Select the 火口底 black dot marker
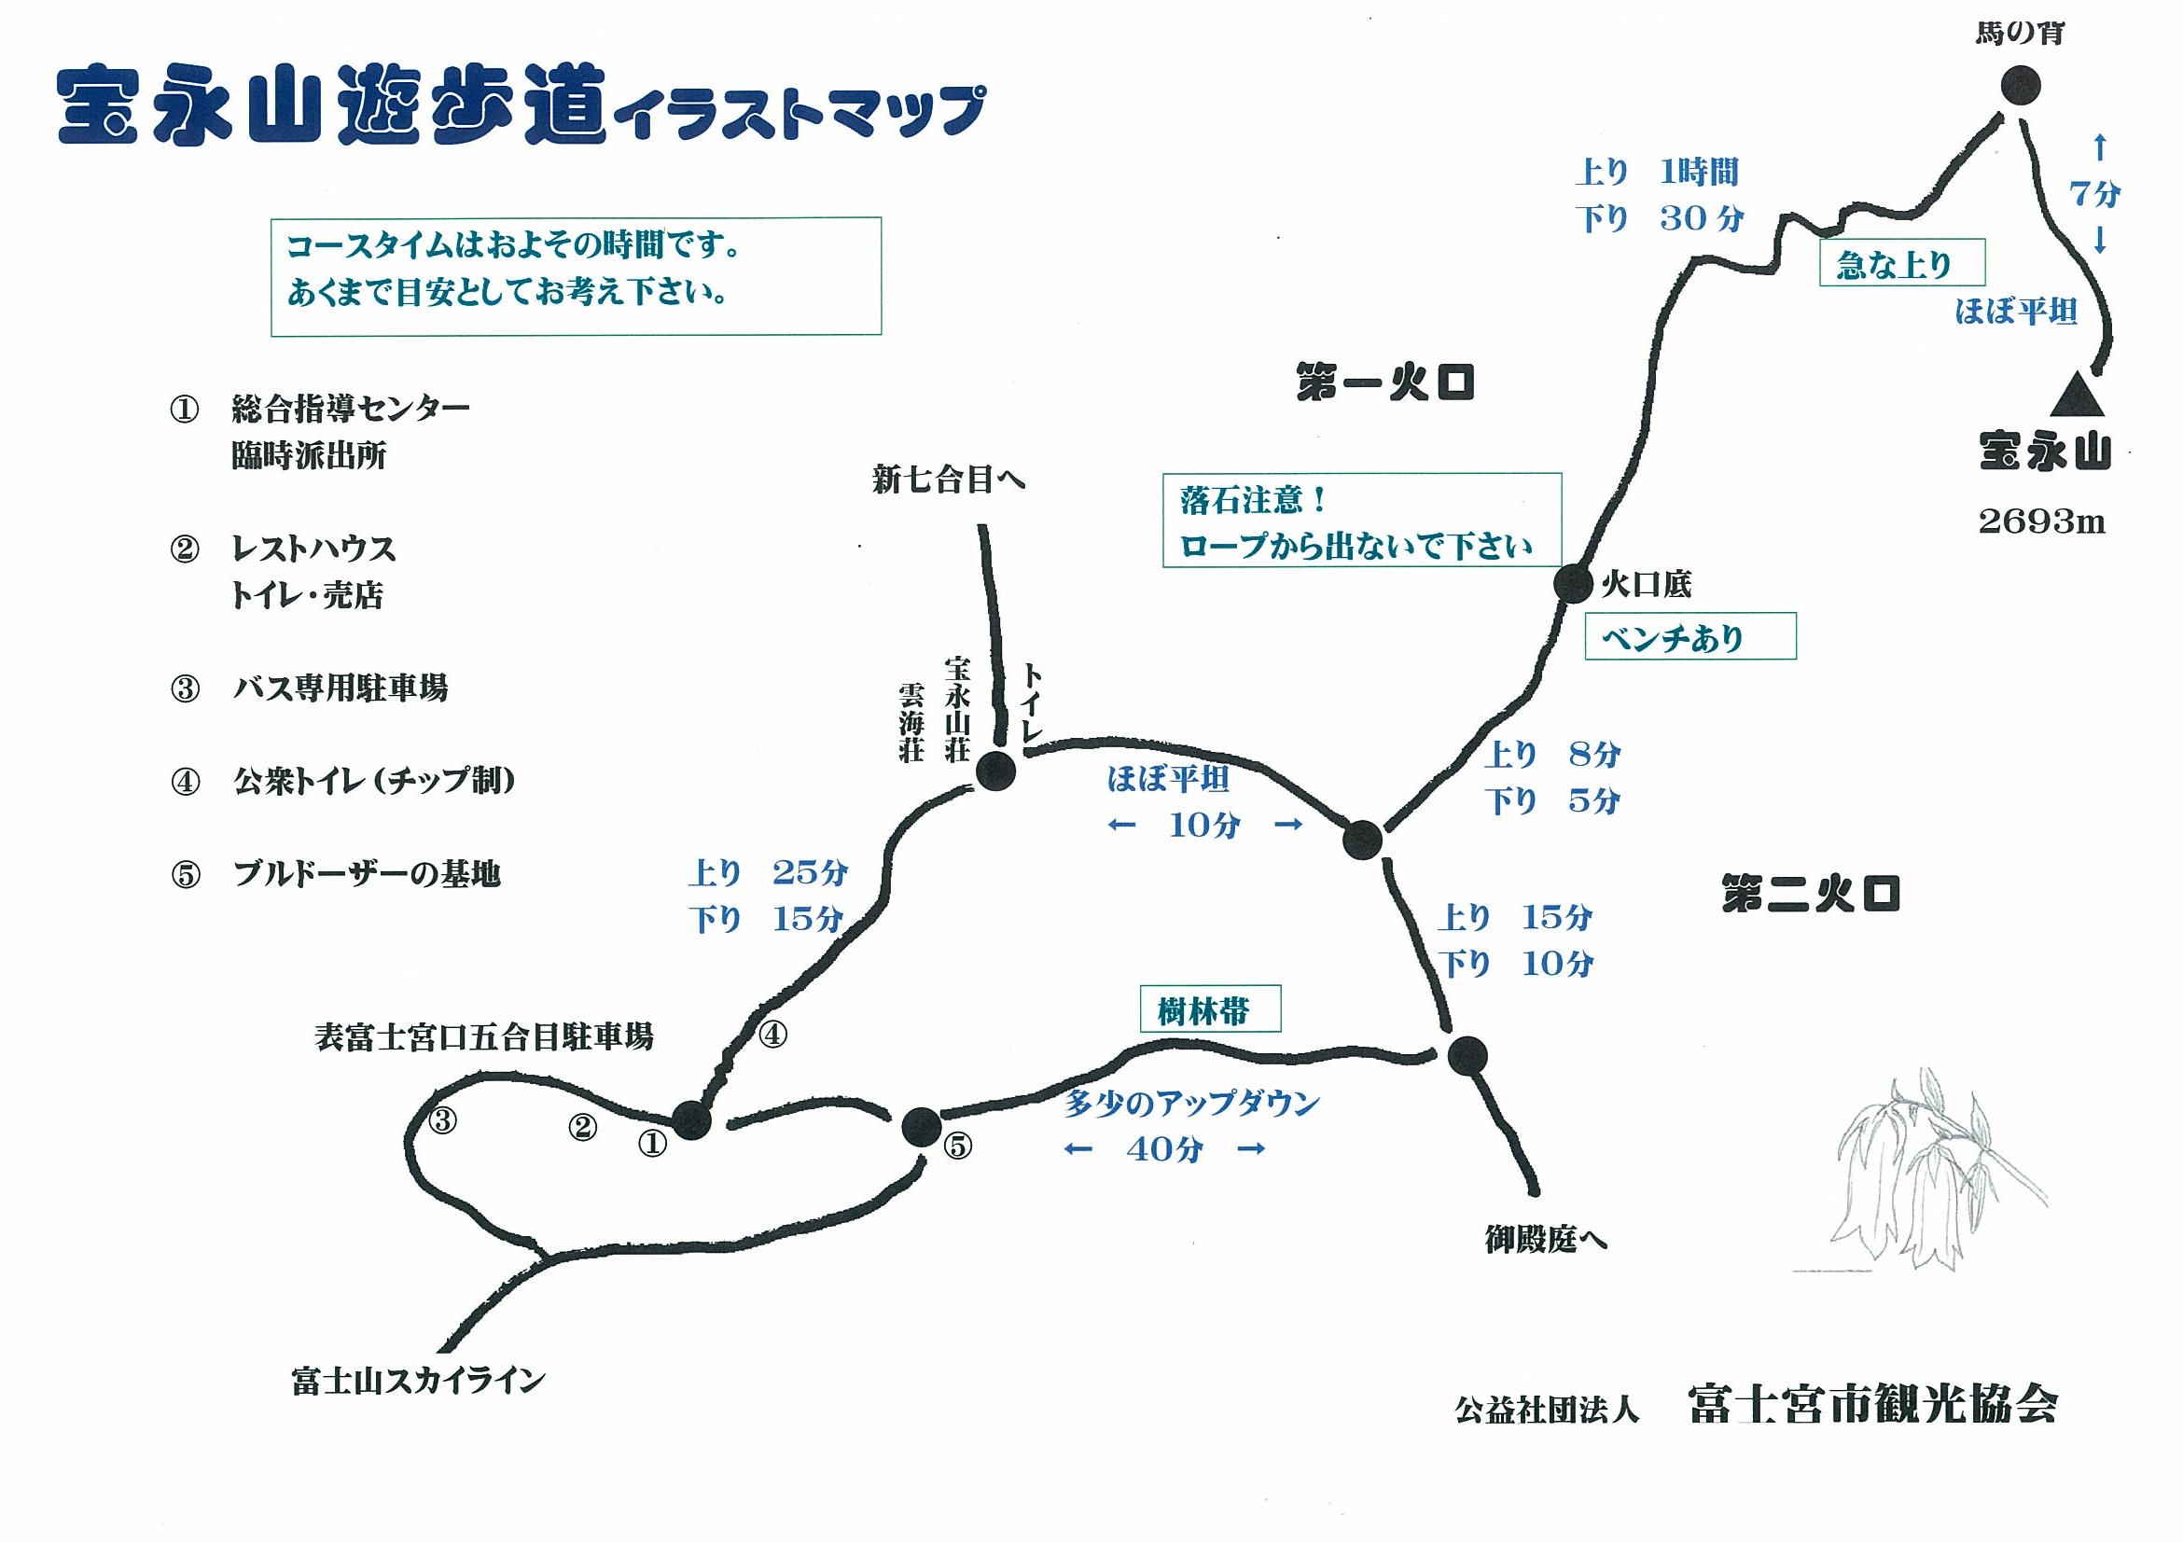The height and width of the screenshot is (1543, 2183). point(1573,583)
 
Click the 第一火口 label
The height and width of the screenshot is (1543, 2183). point(1384,384)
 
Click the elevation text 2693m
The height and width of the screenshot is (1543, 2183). point(2041,521)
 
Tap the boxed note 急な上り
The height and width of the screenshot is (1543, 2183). point(1900,263)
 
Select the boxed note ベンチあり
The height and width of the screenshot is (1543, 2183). point(1689,637)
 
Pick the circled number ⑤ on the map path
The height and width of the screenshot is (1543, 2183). point(957,1147)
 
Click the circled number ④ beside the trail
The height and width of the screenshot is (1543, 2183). point(772,1034)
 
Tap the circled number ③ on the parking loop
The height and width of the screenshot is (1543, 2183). point(442,1121)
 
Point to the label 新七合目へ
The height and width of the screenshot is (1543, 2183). point(948,480)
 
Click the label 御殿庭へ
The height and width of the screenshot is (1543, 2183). point(1545,1240)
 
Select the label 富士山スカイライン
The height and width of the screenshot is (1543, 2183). point(418,1380)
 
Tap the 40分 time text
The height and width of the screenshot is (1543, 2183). point(1164,1149)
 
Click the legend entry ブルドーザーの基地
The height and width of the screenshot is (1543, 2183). point(366,874)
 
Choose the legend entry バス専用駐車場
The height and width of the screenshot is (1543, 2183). point(340,688)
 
